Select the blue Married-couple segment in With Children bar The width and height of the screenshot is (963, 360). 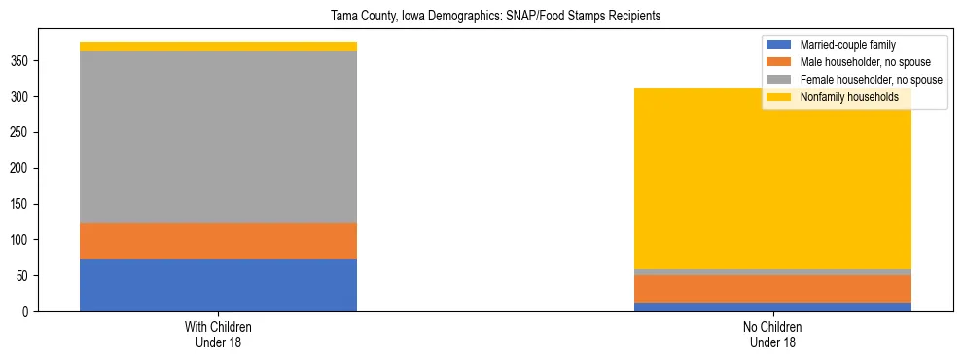[x=218, y=285]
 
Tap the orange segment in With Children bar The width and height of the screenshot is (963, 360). [x=218, y=240]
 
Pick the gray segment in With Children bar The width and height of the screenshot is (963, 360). [x=218, y=136]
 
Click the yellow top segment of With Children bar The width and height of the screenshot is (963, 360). [x=218, y=46]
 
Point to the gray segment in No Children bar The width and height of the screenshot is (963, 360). [x=772, y=271]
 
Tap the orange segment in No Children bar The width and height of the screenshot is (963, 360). [x=772, y=289]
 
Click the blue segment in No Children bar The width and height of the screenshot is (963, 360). [x=772, y=306]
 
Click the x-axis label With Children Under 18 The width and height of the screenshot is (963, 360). [x=218, y=334]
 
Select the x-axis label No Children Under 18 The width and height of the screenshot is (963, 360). [x=772, y=334]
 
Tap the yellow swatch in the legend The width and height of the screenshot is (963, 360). [x=779, y=97]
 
